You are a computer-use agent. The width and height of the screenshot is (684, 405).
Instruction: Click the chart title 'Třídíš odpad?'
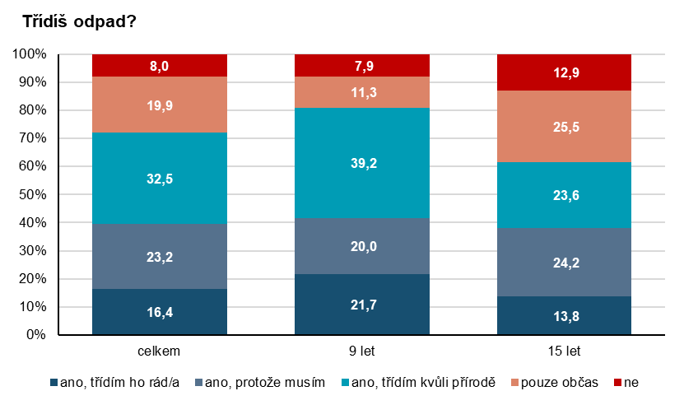pyautogui.click(x=79, y=21)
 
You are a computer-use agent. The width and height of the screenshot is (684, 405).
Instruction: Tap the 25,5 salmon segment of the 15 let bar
pyautogui.click(x=565, y=126)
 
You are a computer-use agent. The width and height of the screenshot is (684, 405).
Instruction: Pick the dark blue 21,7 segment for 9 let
pyautogui.click(x=362, y=305)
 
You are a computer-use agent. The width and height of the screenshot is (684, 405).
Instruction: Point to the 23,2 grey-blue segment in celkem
pyautogui.click(x=160, y=256)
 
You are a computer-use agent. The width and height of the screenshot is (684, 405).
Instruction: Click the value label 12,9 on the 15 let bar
pyautogui.click(x=565, y=72)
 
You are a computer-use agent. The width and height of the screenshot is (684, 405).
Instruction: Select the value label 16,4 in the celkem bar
pyautogui.click(x=160, y=312)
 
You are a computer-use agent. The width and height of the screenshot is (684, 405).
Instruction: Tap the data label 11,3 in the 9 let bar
pyautogui.click(x=362, y=92)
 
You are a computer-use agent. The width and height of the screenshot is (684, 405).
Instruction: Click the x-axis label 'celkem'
pyautogui.click(x=160, y=351)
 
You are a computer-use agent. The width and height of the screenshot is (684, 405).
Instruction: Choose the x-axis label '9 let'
pyautogui.click(x=362, y=351)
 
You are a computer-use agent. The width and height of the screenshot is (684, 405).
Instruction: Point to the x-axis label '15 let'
pyautogui.click(x=565, y=351)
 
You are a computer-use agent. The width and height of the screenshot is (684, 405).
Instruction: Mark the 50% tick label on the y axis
pyautogui.click(x=32, y=195)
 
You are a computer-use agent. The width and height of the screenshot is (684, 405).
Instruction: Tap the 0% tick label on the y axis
pyautogui.click(x=35, y=335)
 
